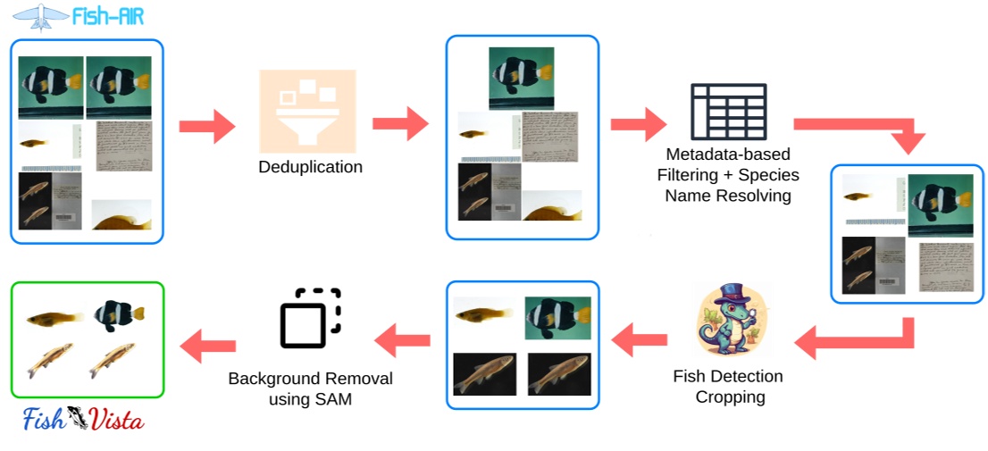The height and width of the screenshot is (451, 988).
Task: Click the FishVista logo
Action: (84, 419)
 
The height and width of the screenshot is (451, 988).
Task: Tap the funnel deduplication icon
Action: (307, 111)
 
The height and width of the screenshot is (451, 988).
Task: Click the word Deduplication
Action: (310, 167)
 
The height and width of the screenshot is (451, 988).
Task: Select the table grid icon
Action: (728, 112)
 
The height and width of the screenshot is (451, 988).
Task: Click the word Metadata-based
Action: (728, 155)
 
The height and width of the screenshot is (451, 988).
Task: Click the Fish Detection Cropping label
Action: (727, 386)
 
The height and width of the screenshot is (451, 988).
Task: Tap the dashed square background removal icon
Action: (310, 318)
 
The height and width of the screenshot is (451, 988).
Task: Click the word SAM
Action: (335, 399)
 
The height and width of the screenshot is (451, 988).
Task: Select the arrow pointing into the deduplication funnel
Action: (206, 126)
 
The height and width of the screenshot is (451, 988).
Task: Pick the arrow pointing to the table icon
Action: (638, 124)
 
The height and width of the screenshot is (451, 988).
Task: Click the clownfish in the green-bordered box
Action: (119, 313)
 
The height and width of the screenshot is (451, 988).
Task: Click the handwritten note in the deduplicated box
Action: (548, 138)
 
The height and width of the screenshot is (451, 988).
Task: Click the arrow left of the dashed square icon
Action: (402, 338)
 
